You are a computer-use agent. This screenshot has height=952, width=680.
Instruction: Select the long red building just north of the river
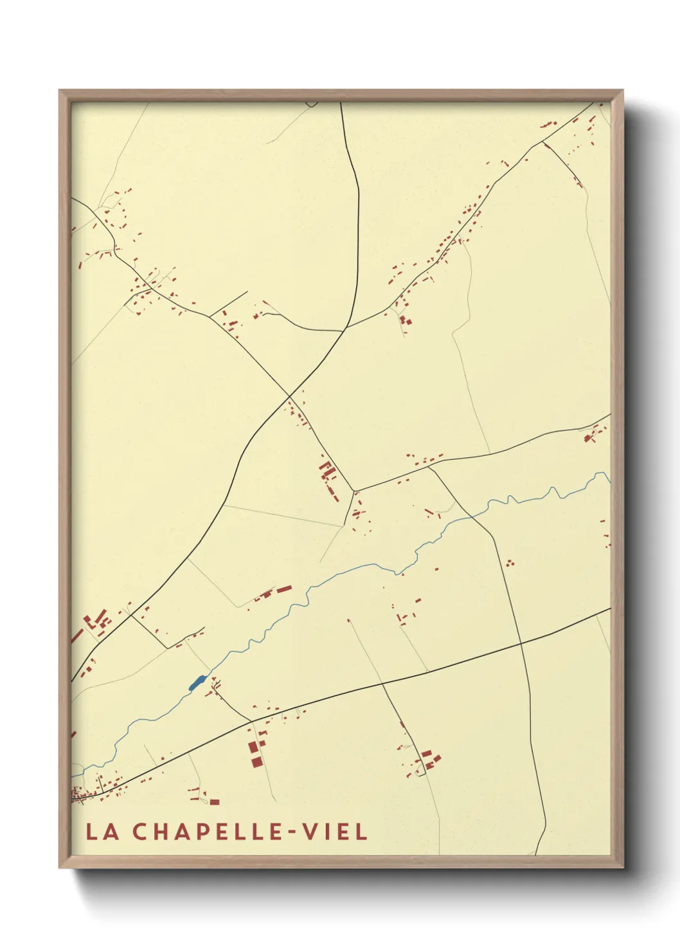point(283,589)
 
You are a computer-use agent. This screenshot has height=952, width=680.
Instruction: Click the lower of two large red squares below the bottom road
point(256,762)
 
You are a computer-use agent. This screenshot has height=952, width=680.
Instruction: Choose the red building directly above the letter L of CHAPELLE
point(214,802)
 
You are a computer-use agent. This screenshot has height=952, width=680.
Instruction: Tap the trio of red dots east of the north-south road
point(510,562)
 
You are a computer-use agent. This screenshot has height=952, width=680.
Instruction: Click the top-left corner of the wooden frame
point(60,91)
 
